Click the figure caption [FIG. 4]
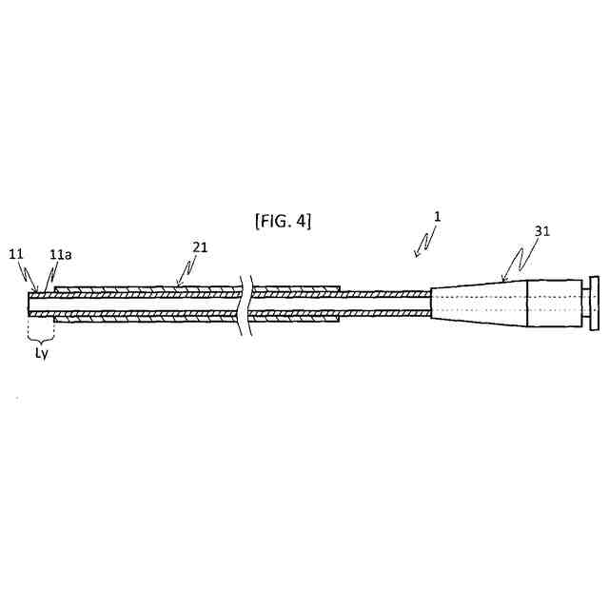pyautogui.click(x=283, y=222)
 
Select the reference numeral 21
pyautogui.click(x=200, y=247)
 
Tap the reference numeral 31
pyautogui.click(x=542, y=230)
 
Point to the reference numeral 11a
pyautogui.click(x=60, y=255)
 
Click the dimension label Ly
pyautogui.click(x=39, y=353)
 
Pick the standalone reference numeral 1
pyautogui.click(x=436, y=217)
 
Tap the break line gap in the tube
pyautogui.click(x=247, y=303)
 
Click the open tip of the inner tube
pyautogui.click(x=31, y=303)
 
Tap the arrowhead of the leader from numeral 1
pyautogui.click(x=415, y=255)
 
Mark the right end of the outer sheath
pyautogui.click(x=340, y=303)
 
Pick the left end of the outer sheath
pyautogui.click(x=56, y=303)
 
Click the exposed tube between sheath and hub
pyautogui.click(x=385, y=303)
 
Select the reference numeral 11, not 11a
pyautogui.click(x=16, y=255)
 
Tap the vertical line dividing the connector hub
pyautogui.click(x=529, y=304)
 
